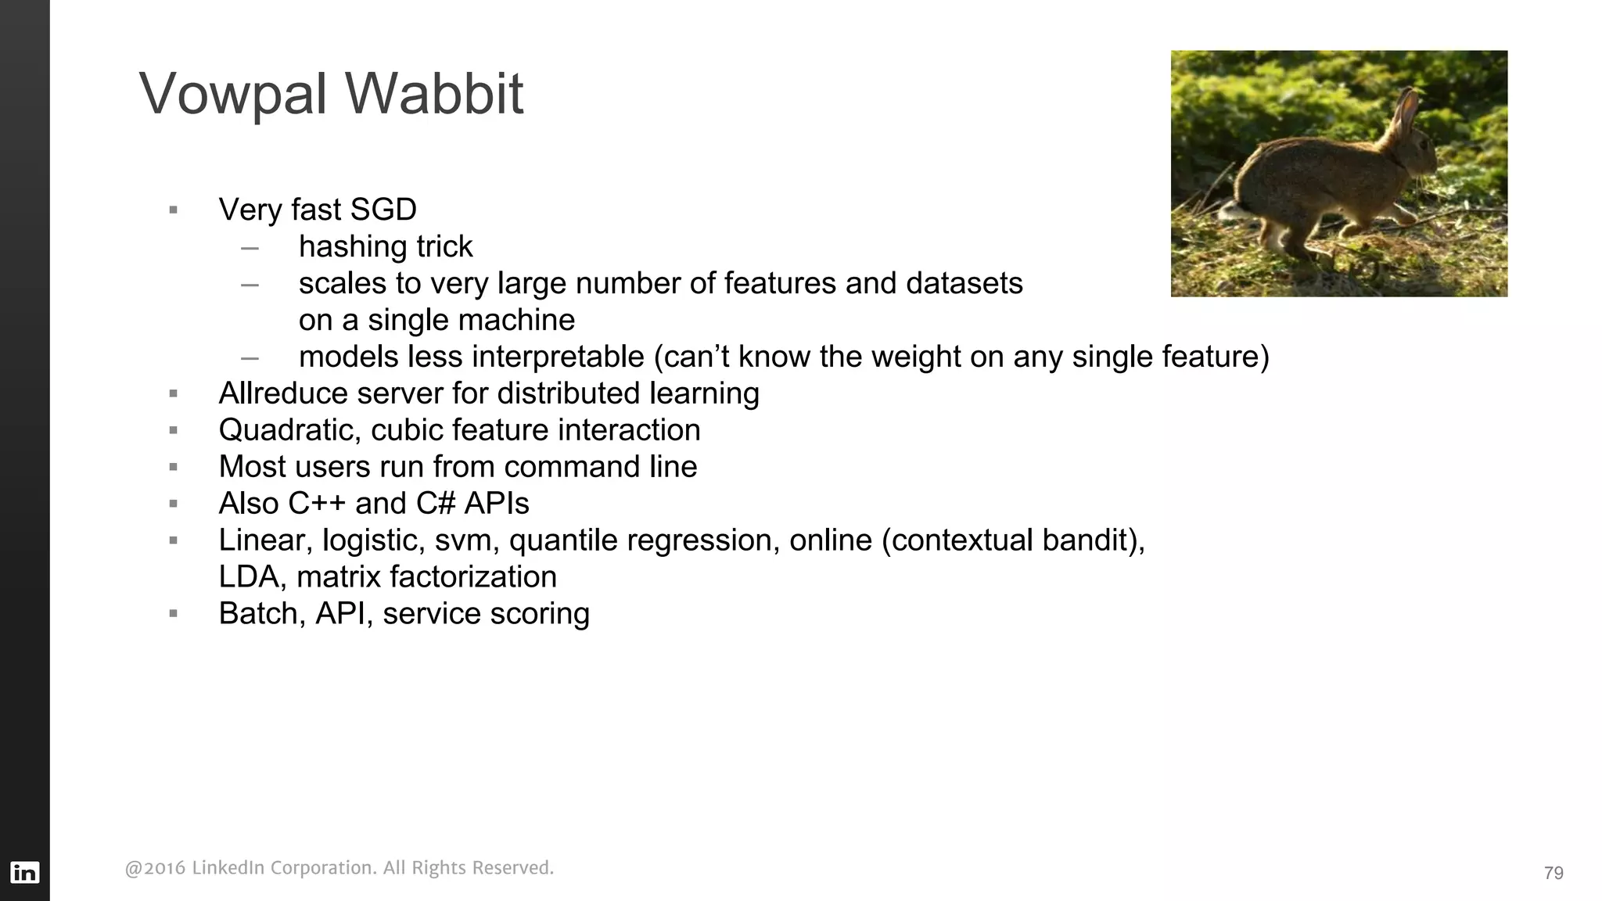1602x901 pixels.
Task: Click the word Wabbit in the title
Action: pyautogui.click(x=434, y=94)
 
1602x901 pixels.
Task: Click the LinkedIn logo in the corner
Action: pyautogui.click(x=24, y=872)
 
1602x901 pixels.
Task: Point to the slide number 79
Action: pyautogui.click(x=1554, y=873)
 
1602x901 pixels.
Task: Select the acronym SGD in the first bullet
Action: pyautogui.click(x=383, y=210)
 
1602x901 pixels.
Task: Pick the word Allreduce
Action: pyautogui.click(x=283, y=393)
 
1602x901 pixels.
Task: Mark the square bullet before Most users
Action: pyautogui.click(x=174, y=467)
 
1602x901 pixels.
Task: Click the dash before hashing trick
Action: pyautogui.click(x=250, y=248)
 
